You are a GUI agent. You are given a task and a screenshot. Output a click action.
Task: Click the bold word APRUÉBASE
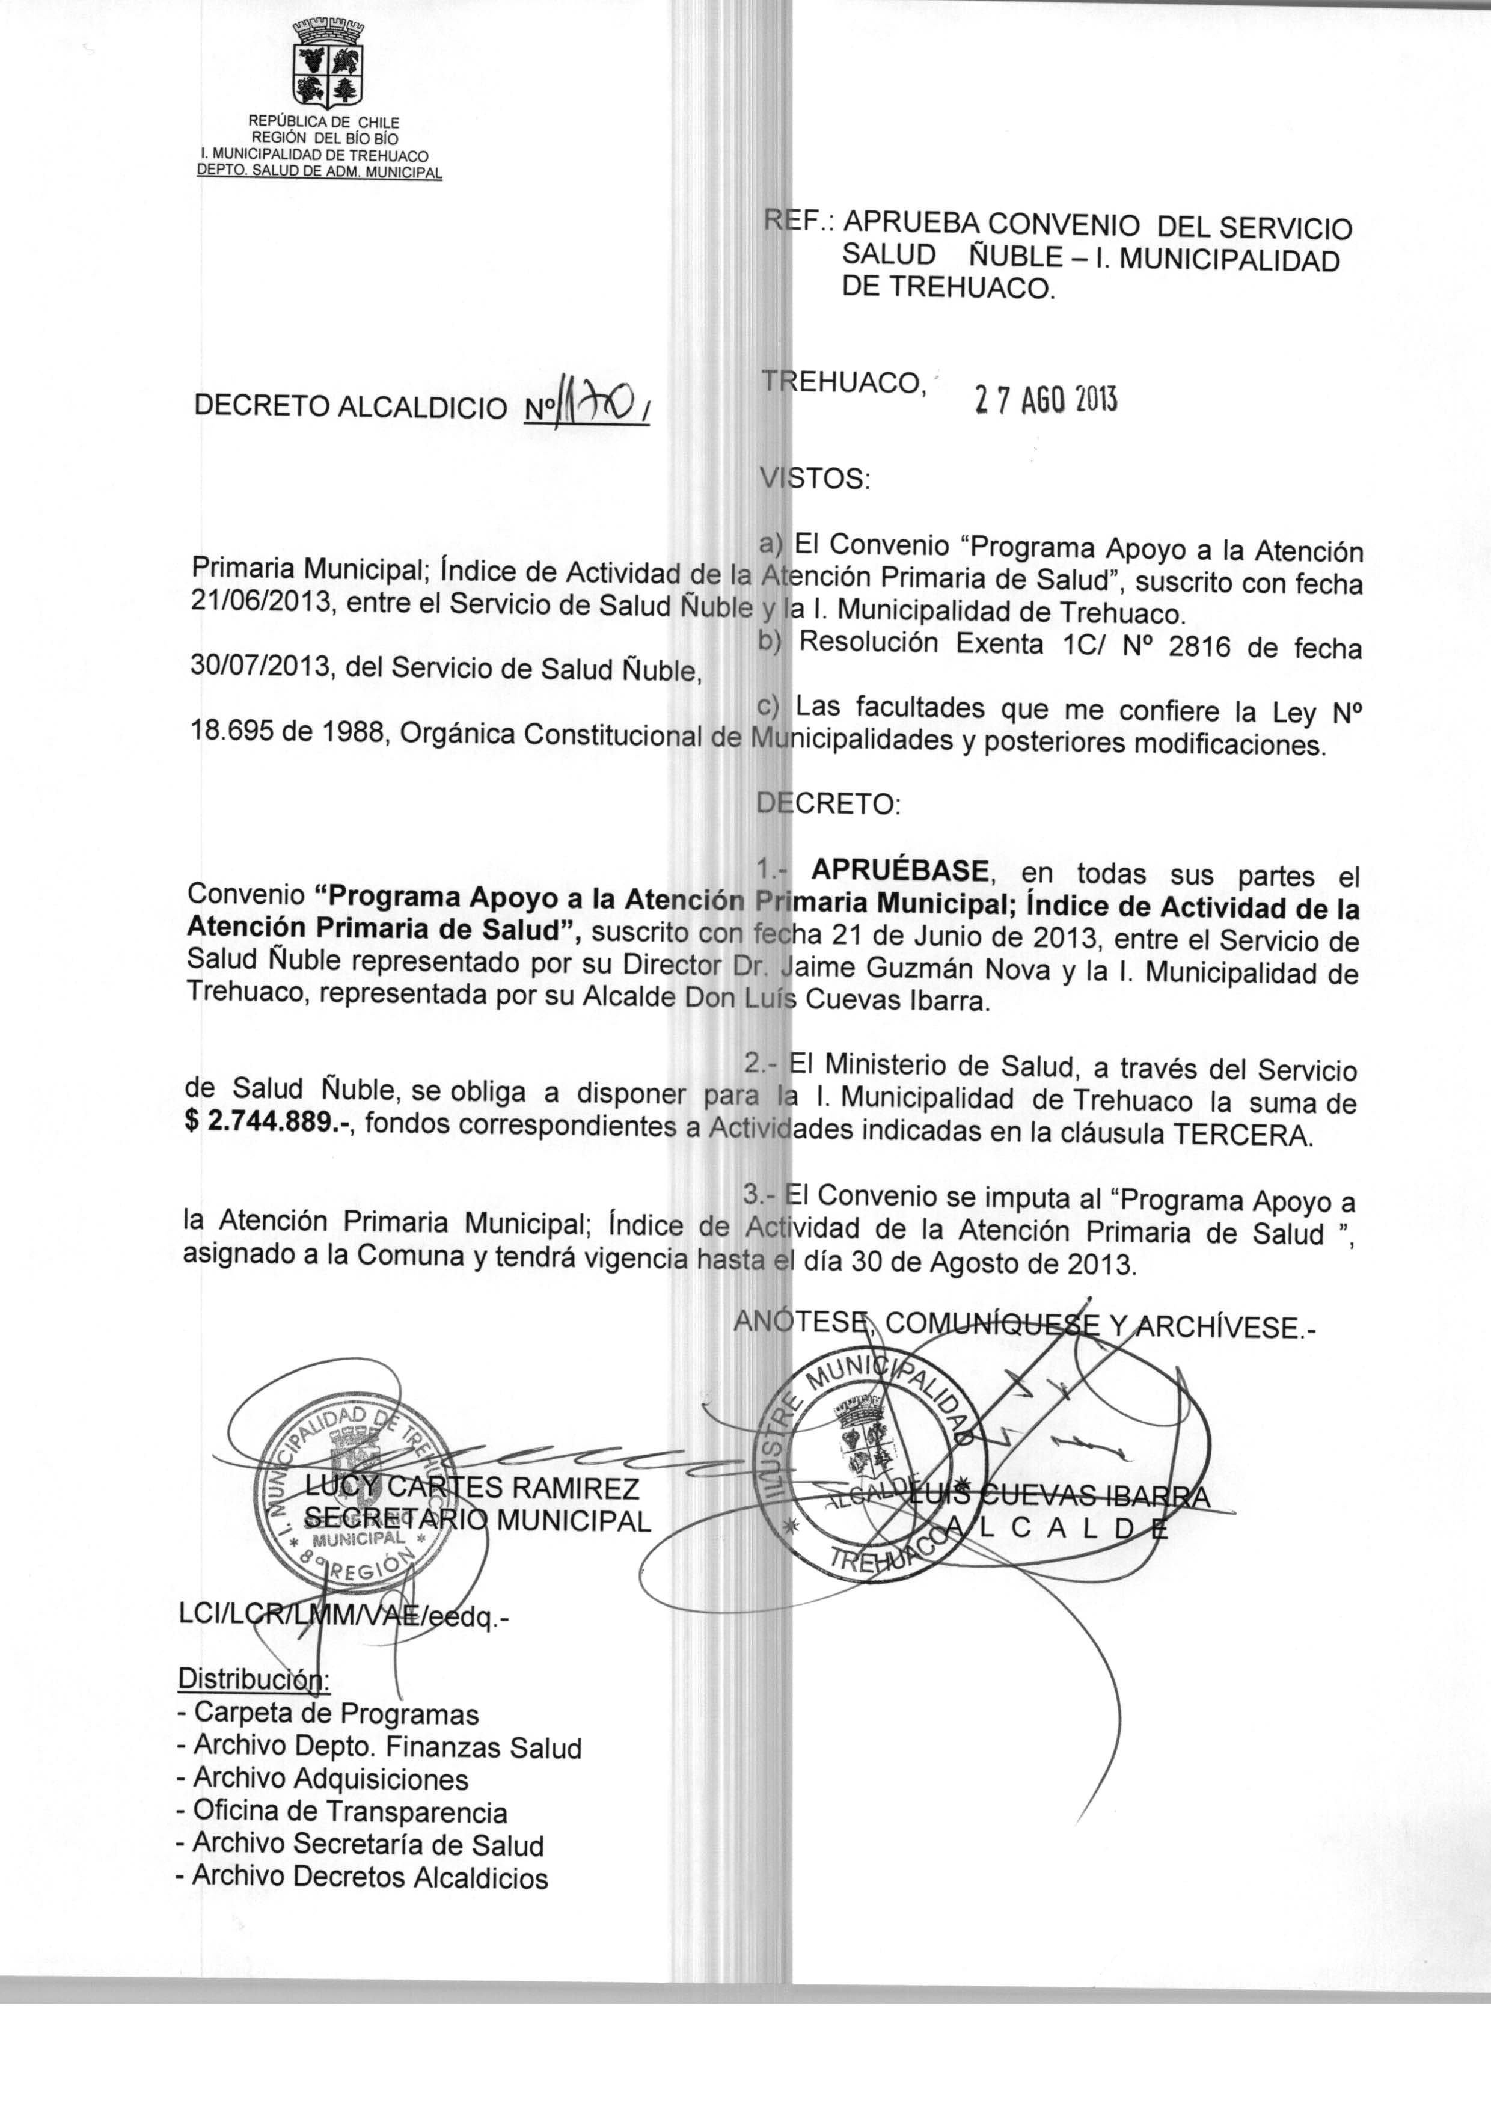901,869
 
